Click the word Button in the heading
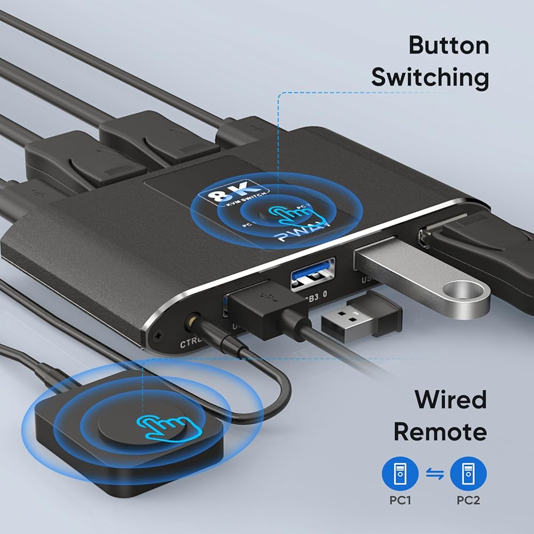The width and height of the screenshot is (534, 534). (449, 46)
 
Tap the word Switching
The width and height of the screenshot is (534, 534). (430, 78)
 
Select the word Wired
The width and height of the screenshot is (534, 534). (443, 400)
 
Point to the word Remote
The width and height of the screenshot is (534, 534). (440, 431)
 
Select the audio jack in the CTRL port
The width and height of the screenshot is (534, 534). (191, 323)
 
